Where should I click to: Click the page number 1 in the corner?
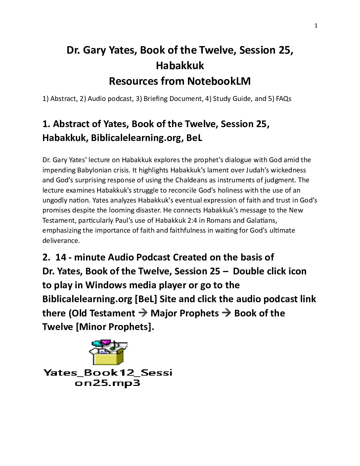click(x=316, y=26)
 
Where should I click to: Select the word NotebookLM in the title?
click(x=218, y=81)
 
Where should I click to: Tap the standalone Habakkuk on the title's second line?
click(x=180, y=66)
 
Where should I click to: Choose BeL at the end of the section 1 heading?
click(x=194, y=138)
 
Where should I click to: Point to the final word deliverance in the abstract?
click(x=61, y=241)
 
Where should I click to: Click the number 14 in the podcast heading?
click(x=61, y=257)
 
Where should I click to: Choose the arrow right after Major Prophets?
click(x=227, y=313)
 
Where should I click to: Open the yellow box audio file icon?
click(x=108, y=353)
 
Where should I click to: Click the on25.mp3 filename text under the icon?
click(x=108, y=383)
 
